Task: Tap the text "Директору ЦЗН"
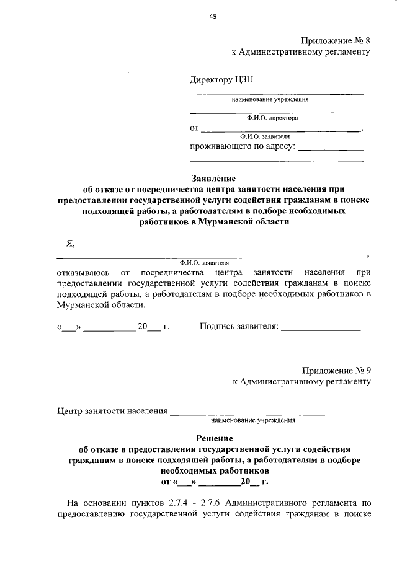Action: pos(221,80)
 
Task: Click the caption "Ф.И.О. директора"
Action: pos(272,117)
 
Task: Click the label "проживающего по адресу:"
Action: pos(243,147)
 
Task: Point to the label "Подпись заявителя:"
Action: pos(239,326)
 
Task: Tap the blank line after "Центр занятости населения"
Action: pos(268,413)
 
